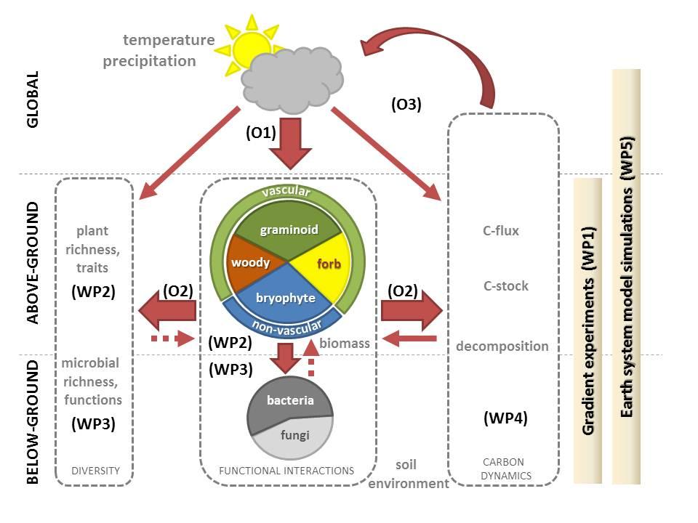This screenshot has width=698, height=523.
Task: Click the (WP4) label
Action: [x=505, y=418]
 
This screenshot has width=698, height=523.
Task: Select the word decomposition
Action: [x=502, y=346]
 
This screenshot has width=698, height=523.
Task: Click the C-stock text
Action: [x=505, y=286]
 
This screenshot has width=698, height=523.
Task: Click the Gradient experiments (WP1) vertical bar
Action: [x=588, y=331]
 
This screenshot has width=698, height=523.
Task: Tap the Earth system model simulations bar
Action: [x=627, y=276]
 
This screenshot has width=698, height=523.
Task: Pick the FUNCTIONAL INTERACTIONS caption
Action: [x=286, y=471]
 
